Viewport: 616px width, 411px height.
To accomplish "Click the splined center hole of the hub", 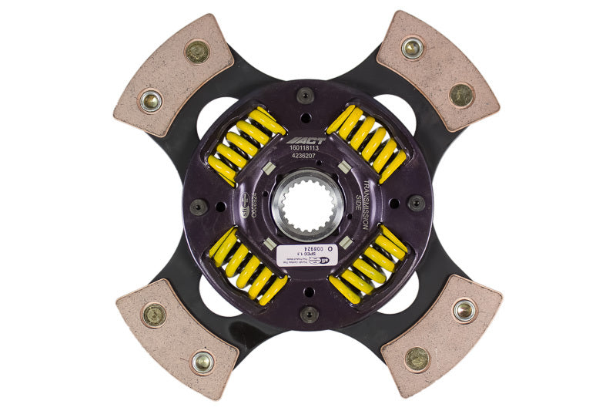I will [x=306, y=206].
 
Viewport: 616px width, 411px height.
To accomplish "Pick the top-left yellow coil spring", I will [x=246, y=147].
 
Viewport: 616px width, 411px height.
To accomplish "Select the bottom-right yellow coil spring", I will [x=367, y=264].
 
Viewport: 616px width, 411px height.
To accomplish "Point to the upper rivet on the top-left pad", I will [x=197, y=52].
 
